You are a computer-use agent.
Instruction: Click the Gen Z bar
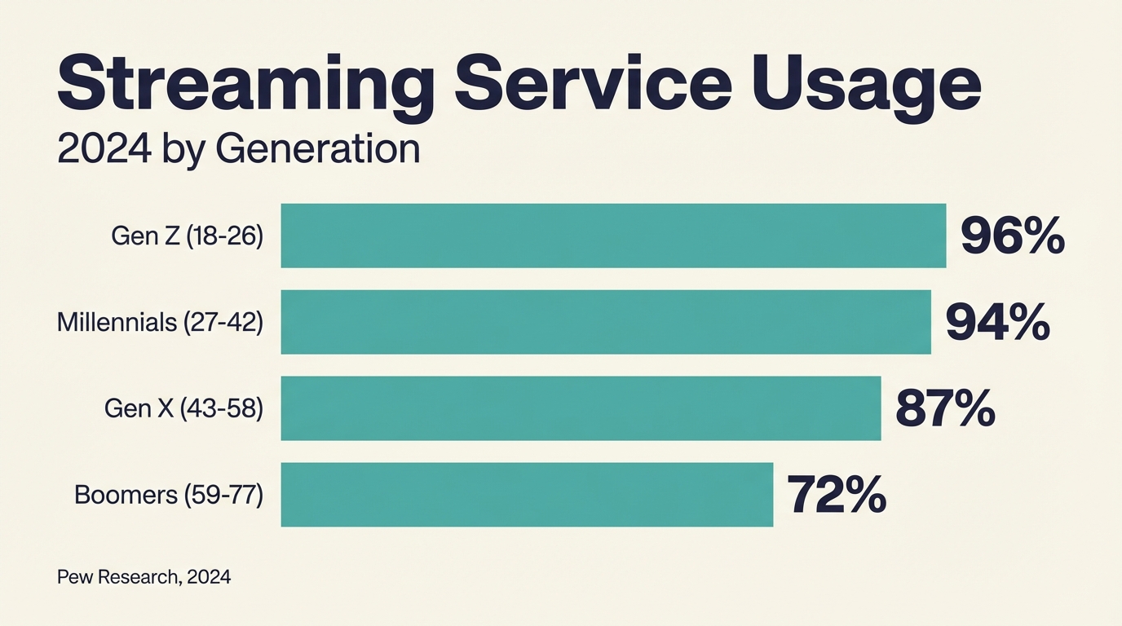click(x=613, y=236)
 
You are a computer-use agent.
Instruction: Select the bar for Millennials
click(x=606, y=322)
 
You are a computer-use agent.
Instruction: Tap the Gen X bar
click(x=581, y=408)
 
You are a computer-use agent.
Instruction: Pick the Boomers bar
click(x=527, y=495)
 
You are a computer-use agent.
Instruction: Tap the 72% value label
click(x=837, y=495)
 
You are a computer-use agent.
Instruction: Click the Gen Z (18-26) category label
click(x=187, y=236)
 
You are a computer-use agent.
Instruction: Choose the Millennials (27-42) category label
click(x=160, y=323)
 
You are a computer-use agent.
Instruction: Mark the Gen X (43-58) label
click(x=183, y=409)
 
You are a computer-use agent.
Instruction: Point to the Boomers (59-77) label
click(x=169, y=495)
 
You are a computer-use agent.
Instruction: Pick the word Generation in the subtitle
click(x=318, y=150)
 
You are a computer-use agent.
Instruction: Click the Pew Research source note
click(x=144, y=577)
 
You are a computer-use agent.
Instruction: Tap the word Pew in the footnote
click(x=75, y=577)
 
